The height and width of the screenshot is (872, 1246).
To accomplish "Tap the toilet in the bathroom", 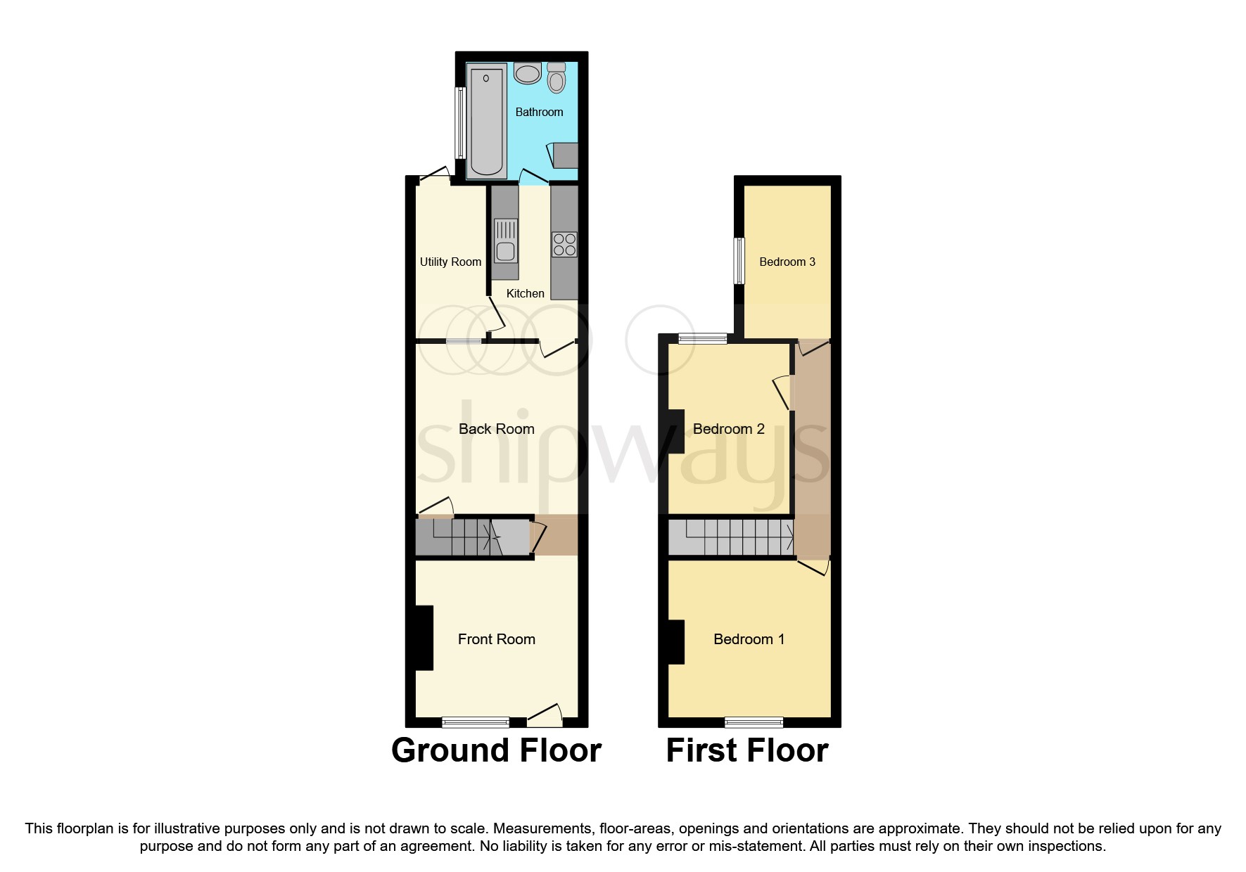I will coord(556,78).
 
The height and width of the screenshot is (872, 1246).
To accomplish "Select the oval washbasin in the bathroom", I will coord(528,72).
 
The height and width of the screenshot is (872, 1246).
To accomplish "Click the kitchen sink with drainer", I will coord(506,240).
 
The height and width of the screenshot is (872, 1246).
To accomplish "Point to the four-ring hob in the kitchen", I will coord(564,245).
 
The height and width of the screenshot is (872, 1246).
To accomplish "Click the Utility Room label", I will coord(450,262).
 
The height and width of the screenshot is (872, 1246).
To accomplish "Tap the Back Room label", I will coord(496,429).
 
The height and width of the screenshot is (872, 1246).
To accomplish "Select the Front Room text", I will coord(496,639).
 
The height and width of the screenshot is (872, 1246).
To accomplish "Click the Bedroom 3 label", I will coord(787,262).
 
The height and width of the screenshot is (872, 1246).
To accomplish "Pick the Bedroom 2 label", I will coord(728,429).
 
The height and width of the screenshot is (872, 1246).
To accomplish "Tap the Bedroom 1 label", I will coord(749,639).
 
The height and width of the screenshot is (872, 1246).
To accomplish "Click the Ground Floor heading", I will coord(496,750).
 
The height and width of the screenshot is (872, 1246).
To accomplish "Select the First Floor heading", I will coord(746,750).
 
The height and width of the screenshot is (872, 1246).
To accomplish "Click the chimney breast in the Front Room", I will coord(423,637).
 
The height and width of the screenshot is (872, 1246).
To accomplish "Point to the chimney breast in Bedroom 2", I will coord(675,431).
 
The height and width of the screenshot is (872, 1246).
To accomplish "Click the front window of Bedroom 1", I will coord(754,722).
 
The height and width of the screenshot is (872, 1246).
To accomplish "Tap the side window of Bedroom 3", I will coord(739,261).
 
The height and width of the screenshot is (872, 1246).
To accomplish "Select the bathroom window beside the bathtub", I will coord(460,122).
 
